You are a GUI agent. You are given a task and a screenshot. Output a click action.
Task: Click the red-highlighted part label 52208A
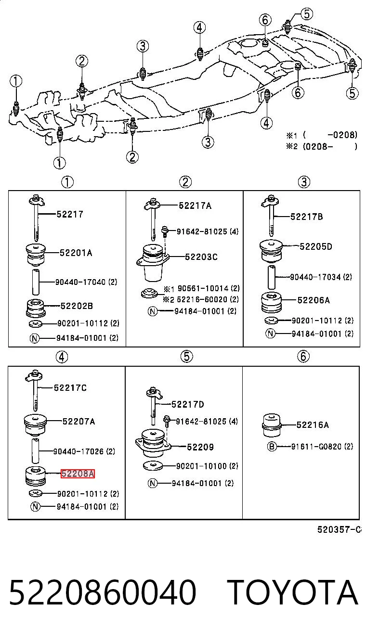pyautogui.click(x=78, y=474)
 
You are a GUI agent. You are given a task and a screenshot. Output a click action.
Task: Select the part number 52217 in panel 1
pyautogui.click(x=70, y=214)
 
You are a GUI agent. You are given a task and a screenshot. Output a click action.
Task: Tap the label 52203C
pyautogui.click(x=201, y=257)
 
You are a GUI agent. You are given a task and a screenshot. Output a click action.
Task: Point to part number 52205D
pyautogui.click(x=316, y=246)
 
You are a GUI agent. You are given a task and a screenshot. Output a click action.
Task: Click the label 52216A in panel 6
pyautogui.click(x=313, y=425)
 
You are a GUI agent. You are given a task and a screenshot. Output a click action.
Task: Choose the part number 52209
pyautogui.click(x=200, y=447)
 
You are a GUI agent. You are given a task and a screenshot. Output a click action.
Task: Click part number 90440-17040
pyautogui.click(x=80, y=282)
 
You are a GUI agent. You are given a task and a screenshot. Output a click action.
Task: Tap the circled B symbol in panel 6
pyautogui.click(x=271, y=446)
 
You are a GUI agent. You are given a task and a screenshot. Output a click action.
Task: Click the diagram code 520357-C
pyautogui.click(x=339, y=529)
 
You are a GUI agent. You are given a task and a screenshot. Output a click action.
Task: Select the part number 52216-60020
pyautogui.click(x=202, y=299)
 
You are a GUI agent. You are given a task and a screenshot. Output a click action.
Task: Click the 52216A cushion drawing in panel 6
pyautogui.click(x=271, y=425)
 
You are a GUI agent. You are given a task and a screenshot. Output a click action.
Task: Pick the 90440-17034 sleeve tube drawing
pyautogui.click(x=271, y=277)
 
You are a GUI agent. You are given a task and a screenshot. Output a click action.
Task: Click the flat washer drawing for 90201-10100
pyautogui.click(x=153, y=466)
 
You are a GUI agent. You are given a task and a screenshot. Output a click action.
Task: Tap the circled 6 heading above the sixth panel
pyautogui.click(x=303, y=357)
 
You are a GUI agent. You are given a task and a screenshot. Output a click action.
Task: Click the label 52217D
pyautogui.click(x=188, y=404)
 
